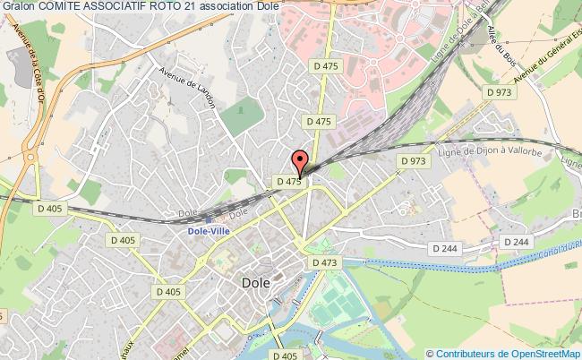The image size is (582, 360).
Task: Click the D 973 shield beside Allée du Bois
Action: (x=497, y=91)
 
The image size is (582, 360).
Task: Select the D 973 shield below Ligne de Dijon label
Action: (x=414, y=161)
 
